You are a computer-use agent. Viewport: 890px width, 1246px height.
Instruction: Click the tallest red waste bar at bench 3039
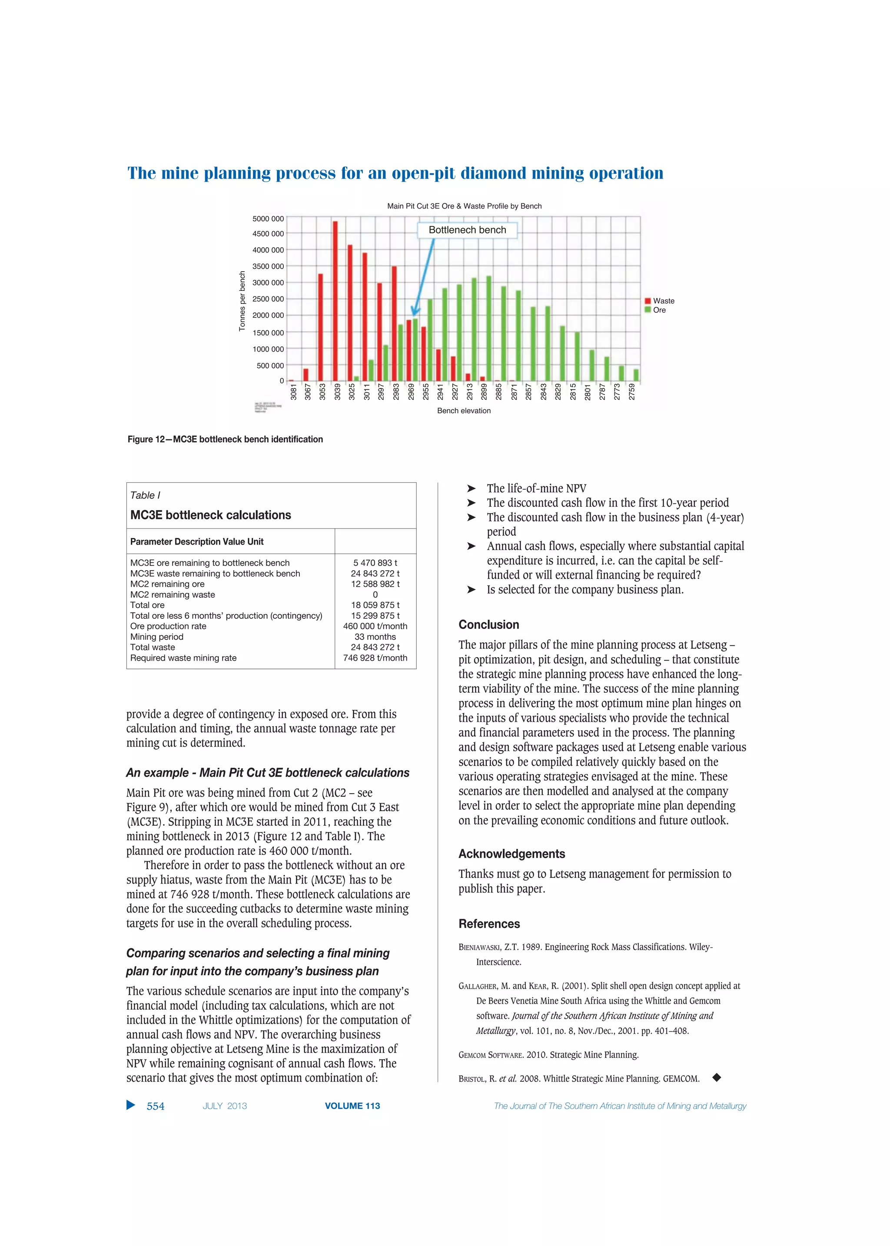(335, 301)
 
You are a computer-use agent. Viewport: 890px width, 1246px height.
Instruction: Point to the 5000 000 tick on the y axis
(268, 219)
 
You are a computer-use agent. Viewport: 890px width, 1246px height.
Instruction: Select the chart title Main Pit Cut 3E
(464, 206)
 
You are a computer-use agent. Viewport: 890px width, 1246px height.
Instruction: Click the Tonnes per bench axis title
(242, 301)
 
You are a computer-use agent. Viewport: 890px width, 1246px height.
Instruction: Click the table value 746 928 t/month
(375, 658)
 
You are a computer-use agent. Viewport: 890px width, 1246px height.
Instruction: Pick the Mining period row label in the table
(157, 637)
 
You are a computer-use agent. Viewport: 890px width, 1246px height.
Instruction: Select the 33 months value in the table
(375, 637)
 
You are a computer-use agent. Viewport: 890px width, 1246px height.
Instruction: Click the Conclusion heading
(488, 625)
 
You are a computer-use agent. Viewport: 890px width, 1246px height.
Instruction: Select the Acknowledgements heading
(511, 854)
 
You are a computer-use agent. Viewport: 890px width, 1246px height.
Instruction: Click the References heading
(489, 924)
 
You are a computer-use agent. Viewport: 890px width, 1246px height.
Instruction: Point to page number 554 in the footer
(155, 1106)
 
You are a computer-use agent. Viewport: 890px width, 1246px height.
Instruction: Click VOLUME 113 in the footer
(352, 1106)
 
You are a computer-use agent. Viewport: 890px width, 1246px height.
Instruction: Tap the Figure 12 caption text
(225, 439)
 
